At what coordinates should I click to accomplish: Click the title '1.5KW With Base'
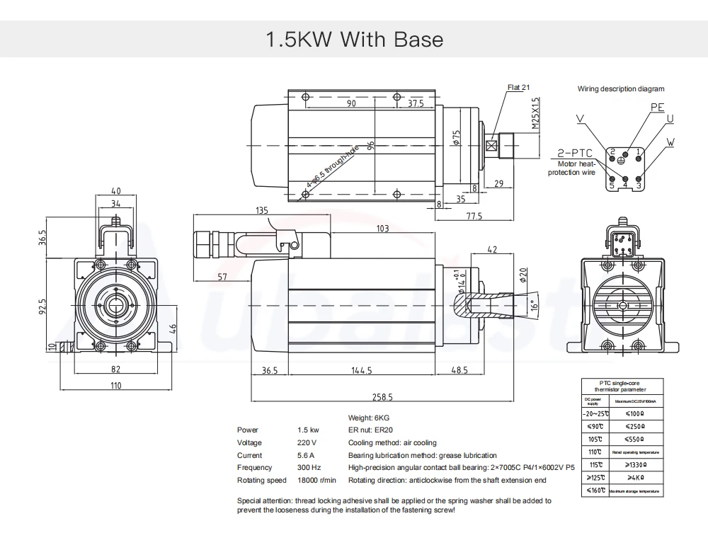354,38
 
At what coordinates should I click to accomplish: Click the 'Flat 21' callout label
518,88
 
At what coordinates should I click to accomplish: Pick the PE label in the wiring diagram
658,107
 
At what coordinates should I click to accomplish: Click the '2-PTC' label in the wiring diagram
574,152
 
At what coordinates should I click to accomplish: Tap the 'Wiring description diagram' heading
621,89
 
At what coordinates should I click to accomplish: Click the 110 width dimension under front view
115,385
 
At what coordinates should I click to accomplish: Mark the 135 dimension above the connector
261,210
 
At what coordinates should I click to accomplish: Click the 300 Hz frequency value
309,468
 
